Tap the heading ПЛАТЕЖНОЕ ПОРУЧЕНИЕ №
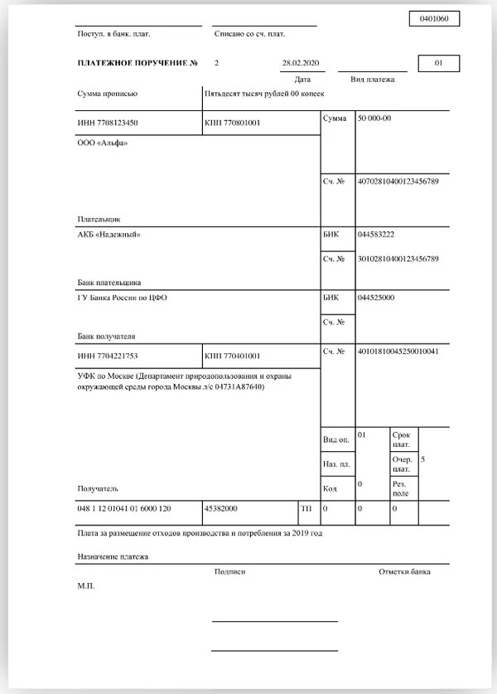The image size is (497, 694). point(138,63)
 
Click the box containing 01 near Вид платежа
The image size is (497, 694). point(439,63)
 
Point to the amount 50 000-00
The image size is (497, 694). point(374,119)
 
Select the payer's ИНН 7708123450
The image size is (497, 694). point(108,123)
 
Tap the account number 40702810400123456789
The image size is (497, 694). point(398,180)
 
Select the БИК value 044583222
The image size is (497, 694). point(376,235)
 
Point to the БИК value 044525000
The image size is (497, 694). point(376,297)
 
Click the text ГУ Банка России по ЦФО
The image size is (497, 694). point(122,298)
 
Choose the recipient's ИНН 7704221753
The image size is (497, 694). point(108,355)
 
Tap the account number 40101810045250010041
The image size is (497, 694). point(398,352)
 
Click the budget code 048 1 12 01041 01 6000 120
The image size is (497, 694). point(124,507)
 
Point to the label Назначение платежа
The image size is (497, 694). point(113,557)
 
